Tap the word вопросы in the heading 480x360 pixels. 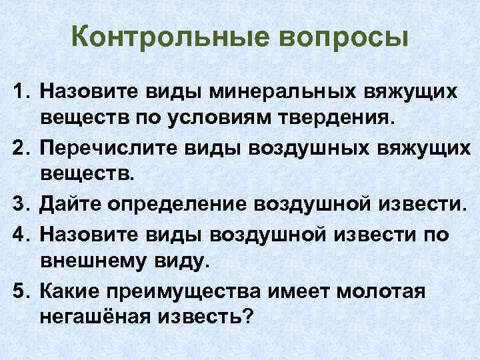coord(341,37)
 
